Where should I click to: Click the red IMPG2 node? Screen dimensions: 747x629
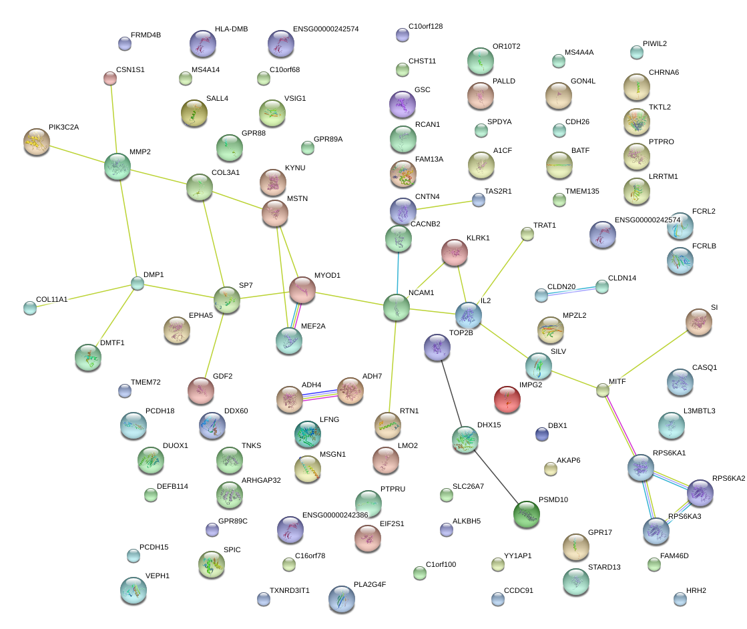click(507, 399)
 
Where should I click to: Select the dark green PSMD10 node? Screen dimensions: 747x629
click(527, 514)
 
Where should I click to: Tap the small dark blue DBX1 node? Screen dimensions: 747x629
click(542, 434)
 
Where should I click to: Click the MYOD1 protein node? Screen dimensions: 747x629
click(302, 289)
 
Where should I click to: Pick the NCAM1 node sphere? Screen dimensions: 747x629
click(397, 307)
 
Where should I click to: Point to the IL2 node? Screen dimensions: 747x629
click(469, 315)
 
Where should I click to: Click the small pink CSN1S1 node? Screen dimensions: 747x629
click(110, 78)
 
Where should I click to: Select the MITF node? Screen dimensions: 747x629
click(603, 390)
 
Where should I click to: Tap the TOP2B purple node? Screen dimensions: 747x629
click(437, 347)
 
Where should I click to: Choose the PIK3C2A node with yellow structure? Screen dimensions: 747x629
click(37, 142)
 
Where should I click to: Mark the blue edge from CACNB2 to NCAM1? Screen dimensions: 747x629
click(398, 273)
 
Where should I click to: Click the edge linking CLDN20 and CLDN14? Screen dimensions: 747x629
click(571, 291)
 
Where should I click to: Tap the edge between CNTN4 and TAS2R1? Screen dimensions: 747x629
click(444, 206)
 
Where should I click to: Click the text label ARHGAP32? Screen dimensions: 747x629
click(261, 480)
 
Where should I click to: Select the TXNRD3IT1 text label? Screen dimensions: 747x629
click(290, 590)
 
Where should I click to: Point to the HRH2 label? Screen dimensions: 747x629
click(696, 590)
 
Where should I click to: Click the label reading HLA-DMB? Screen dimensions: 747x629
click(232, 29)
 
